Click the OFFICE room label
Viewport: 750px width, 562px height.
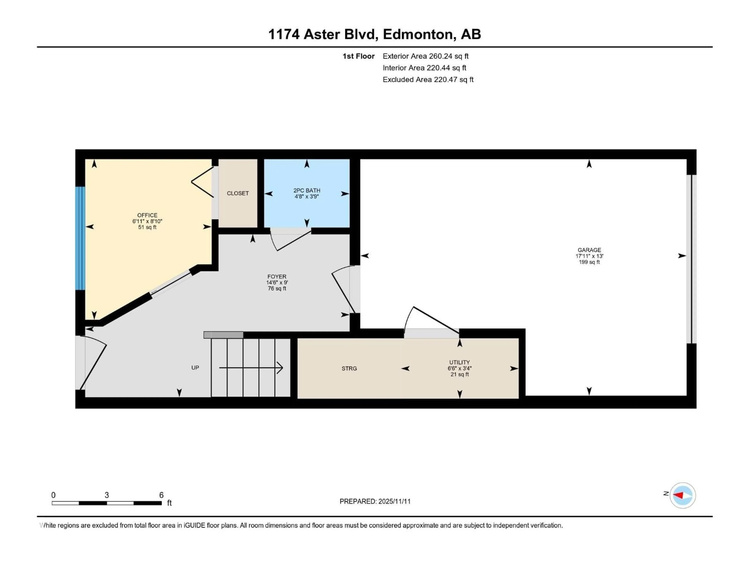pyautogui.click(x=147, y=215)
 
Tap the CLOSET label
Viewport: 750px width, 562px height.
pyautogui.click(x=238, y=193)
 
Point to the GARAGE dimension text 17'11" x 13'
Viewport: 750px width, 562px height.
pyautogui.click(x=589, y=256)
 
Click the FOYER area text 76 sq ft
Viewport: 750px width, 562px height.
pyautogui.click(x=277, y=289)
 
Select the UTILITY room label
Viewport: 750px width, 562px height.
pyautogui.click(x=459, y=362)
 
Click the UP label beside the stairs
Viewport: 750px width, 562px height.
pyautogui.click(x=195, y=368)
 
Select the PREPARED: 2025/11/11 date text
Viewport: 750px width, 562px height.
pyautogui.click(x=375, y=501)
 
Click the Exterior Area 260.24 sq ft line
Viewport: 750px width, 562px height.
pyautogui.click(x=426, y=56)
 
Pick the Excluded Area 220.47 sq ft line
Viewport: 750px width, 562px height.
pyautogui.click(x=428, y=80)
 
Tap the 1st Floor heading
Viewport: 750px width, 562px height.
pyautogui.click(x=358, y=56)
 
